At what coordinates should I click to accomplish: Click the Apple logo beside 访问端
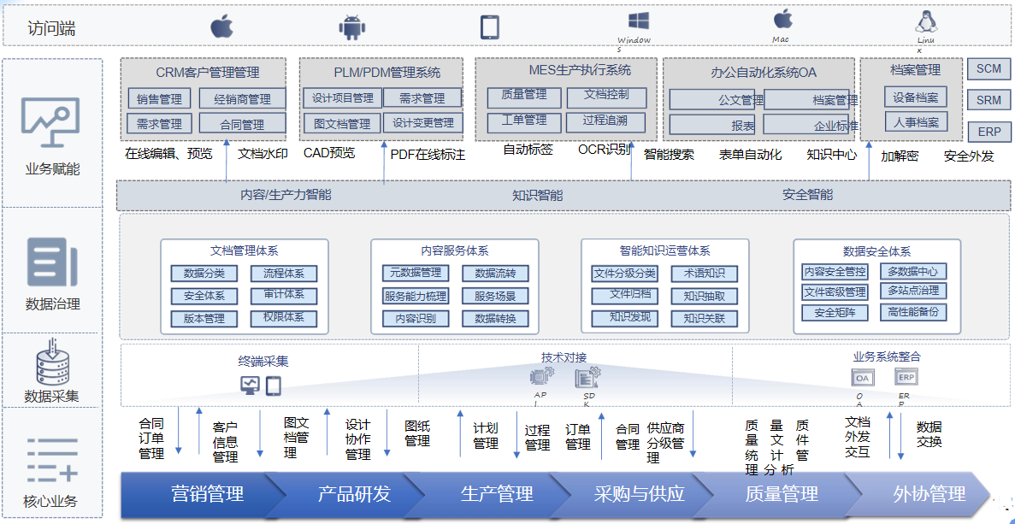pyautogui.click(x=221, y=26)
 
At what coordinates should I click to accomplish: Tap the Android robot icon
pyautogui.click(x=351, y=26)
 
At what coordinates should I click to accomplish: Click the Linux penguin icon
pyautogui.click(x=925, y=22)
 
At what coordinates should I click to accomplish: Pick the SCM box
pyautogui.click(x=988, y=69)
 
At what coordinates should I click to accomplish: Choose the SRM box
pyautogui.click(x=988, y=101)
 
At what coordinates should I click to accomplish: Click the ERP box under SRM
pyautogui.click(x=988, y=132)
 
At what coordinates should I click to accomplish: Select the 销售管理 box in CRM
pyautogui.click(x=159, y=99)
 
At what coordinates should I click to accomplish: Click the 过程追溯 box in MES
pyautogui.click(x=605, y=121)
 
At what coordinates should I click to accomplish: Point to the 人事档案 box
pyautogui.click(x=915, y=122)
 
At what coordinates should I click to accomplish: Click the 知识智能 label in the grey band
pyautogui.click(x=537, y=195)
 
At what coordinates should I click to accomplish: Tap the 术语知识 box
pyautogui.click(x=704, y=274)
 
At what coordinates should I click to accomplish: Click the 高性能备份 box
pyautogui.click(x=912, y=312)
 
